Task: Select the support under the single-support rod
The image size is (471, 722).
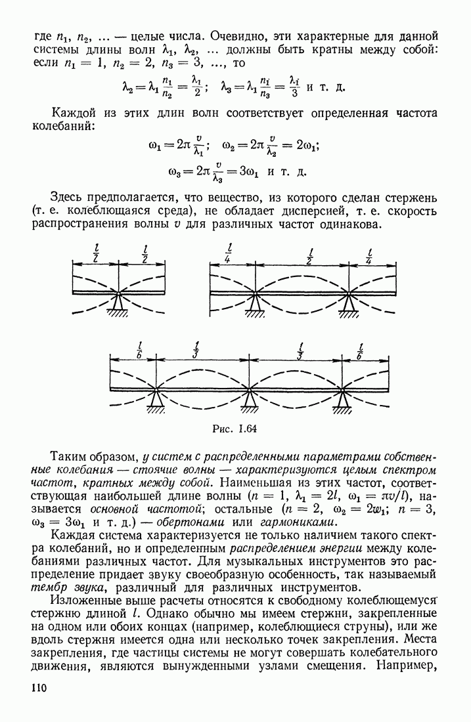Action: (118, 303)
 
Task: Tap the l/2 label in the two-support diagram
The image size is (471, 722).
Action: (309, 254)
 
